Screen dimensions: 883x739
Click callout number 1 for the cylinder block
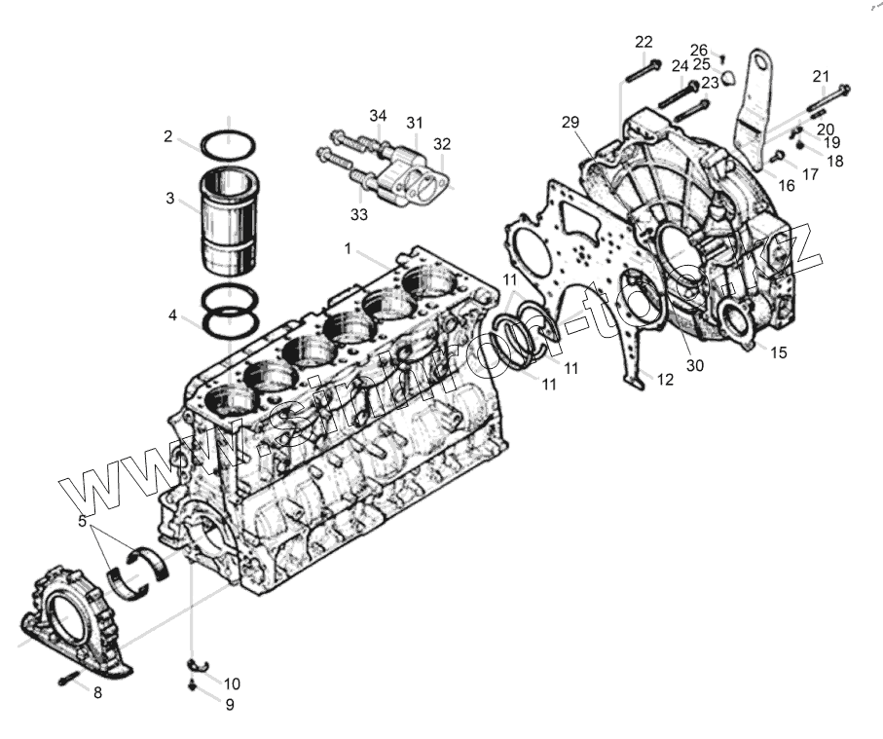[x=347, y=249]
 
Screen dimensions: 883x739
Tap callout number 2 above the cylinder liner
[x=168, y=137]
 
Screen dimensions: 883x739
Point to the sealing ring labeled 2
[x=228, y=145]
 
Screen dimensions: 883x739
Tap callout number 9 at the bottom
[x=230, y=704]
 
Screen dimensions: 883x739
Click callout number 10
[x=232, y=683]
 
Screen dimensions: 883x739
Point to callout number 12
[x=665, y=380]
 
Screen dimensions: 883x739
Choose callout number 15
[x=779, y=351]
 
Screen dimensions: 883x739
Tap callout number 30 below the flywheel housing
[x=694, y=366]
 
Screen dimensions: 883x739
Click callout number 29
[x=570, y=122]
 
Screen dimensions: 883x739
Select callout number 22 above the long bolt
[x=644, y=41]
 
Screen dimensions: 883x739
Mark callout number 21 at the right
[x=822, y=76]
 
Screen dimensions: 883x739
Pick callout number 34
[x=378, y=116]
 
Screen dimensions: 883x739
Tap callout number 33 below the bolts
[x=359, y=212]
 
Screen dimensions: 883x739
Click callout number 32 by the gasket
[x=442, y=144]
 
